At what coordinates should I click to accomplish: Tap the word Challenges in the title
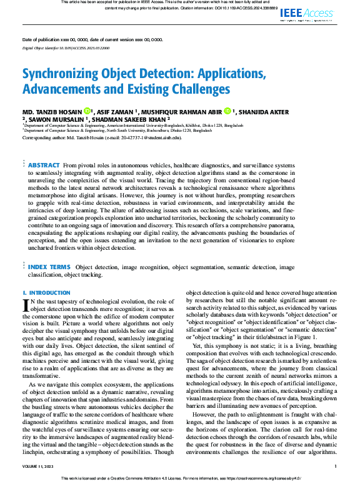182,89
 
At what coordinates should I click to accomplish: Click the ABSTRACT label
44,165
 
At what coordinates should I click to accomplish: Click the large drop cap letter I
26,304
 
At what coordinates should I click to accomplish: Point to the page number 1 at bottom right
336,466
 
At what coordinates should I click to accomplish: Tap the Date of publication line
92,39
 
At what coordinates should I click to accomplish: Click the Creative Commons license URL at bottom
264,478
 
